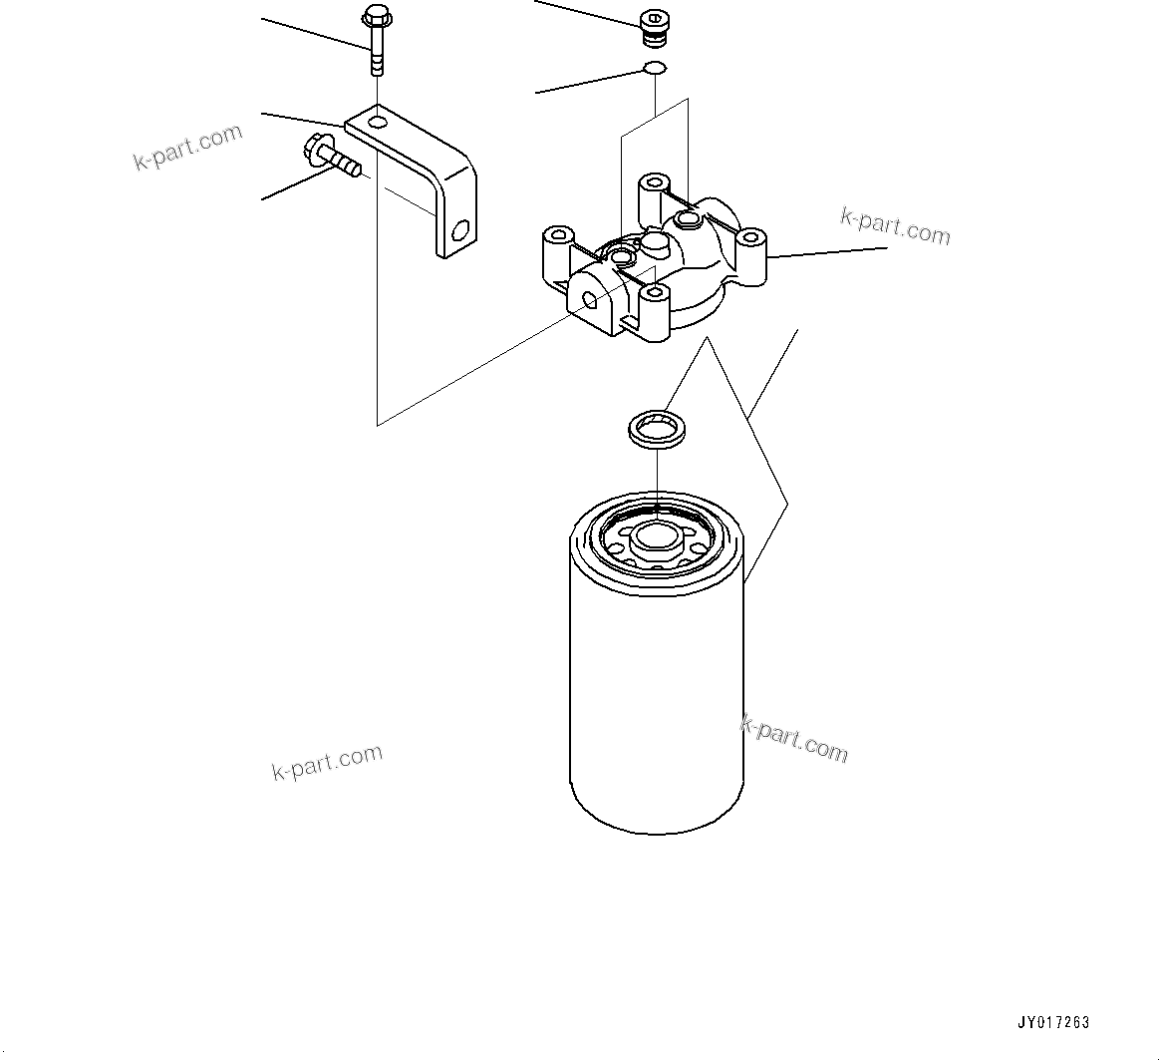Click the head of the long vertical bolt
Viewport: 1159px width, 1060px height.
[x=377, y=17]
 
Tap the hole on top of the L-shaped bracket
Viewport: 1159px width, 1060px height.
[x=377, y=122]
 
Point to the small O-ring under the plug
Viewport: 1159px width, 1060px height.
[x=654, y=69]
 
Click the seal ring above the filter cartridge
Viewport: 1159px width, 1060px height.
[x=653, y=429]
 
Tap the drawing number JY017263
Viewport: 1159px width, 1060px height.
[x=1053, y=1022]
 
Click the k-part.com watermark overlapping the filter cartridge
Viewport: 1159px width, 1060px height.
[x=794, y=738]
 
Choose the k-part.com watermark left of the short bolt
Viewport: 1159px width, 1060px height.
[x=188, y=148]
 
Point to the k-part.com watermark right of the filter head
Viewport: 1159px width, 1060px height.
[x=895, y=227]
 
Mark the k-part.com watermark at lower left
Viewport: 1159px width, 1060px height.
[x=327, y=762]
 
